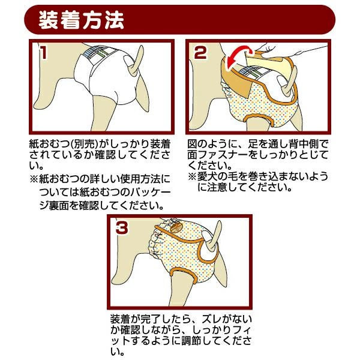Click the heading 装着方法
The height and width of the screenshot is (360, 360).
81,20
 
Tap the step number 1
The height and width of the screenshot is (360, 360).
43,52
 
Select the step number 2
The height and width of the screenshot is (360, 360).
200,53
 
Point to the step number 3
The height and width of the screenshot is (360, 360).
122,227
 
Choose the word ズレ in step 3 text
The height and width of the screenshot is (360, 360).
211,319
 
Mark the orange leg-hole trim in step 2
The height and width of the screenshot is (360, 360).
259,118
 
